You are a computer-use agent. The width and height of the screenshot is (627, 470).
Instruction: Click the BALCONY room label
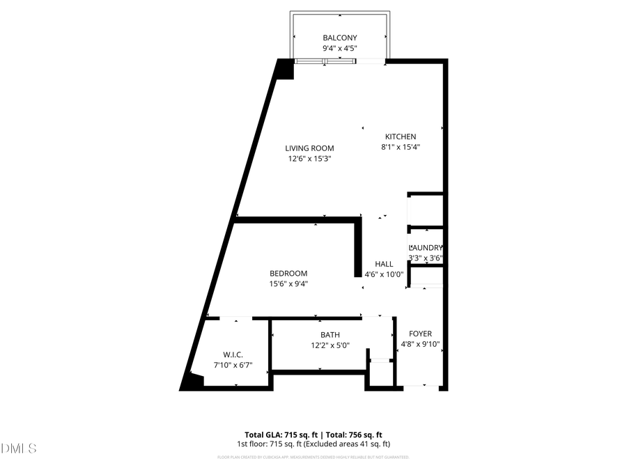click(340, 38)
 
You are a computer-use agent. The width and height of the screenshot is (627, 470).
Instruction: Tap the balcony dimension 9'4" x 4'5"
click(340, 49)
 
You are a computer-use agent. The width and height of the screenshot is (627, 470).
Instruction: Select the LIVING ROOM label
click(309, 148)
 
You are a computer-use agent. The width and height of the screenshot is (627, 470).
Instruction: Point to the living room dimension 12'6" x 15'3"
click(309, 159)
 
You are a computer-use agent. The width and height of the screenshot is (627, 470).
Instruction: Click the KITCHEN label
click(401, 136)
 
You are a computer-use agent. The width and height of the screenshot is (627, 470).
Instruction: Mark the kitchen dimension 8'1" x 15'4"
click(401, 147)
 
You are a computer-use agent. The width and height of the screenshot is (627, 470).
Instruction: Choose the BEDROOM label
click(288, 273)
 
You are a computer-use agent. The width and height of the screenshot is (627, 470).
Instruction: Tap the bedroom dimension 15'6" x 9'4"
click(288, 283)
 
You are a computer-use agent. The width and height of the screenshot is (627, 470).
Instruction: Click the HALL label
click(384, 264)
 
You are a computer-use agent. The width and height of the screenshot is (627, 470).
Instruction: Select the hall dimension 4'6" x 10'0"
click(384, 274)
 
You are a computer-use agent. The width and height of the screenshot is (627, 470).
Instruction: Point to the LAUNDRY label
click(426, 248)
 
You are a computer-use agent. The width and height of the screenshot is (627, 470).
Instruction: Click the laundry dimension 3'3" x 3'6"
click(426, 258)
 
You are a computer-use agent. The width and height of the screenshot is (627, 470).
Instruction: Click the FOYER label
click(420, 334)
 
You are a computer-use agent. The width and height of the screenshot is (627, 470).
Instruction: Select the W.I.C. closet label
click(233, 354)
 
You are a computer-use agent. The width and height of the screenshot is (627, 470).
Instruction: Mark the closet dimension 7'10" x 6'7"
click(233, 365)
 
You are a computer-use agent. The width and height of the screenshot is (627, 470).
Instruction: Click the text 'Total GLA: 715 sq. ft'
click(282, 434)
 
